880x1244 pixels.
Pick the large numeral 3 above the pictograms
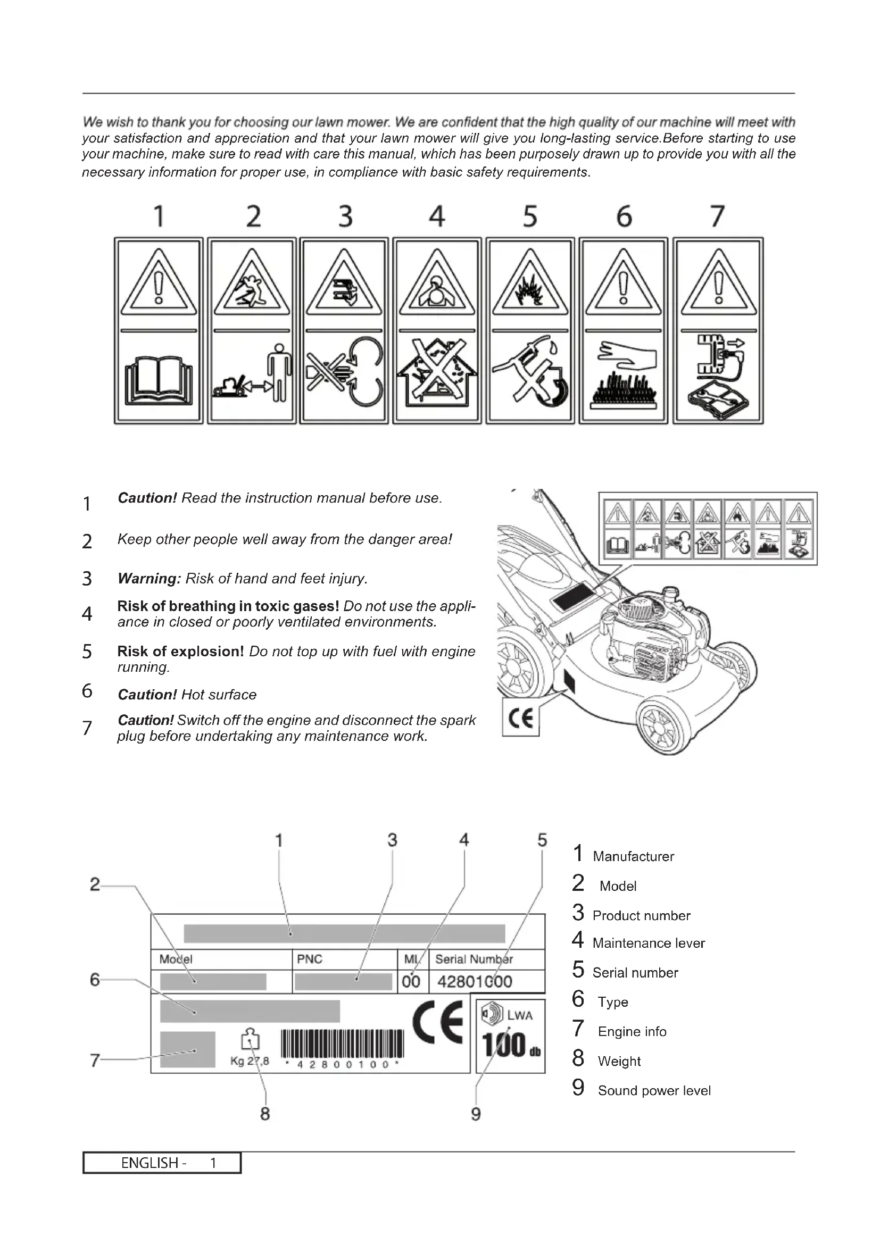coord(345,216)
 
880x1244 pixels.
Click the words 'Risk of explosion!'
coord(180,652)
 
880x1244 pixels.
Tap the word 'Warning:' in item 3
coord(149,579)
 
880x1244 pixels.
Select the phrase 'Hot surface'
coord(219,695)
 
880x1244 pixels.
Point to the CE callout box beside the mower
coord(521,717)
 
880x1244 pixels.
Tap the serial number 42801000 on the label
coord(474,982)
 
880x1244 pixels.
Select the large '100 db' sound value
coord(510,1045)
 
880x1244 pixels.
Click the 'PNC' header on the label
coord(310,959)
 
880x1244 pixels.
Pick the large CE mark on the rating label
coord(438,1022)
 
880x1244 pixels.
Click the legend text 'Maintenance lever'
coord(648,944)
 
